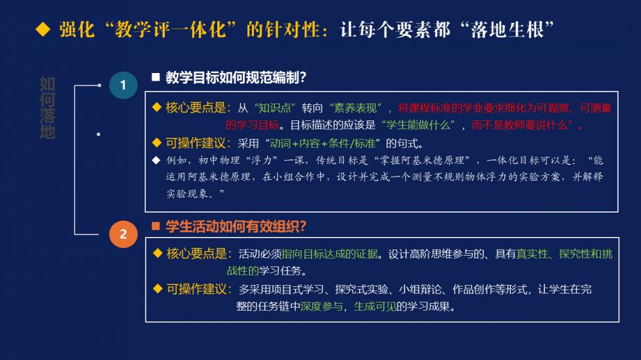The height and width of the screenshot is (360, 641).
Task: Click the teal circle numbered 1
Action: tap(123, 85)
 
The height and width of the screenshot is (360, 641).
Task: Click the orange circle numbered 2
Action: tap(123, 234)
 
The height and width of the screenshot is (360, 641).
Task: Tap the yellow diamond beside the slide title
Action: tap(43, 30)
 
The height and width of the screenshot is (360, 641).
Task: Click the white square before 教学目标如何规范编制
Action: tap(156, 78)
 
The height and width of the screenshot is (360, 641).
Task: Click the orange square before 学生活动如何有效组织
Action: tap(156, 226)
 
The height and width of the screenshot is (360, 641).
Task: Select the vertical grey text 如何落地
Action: tap(47, 108)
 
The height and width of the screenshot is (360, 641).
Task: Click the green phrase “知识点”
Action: tap(275, 108)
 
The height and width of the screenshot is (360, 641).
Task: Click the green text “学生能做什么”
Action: tap(418, 125)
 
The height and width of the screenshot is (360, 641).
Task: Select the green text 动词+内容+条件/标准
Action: tap(322, 143)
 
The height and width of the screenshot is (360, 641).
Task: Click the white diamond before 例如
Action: tap(156, 160)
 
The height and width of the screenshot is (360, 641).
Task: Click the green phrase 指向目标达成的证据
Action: tap(329, 254)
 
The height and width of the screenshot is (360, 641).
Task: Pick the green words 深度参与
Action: tap(322, 306)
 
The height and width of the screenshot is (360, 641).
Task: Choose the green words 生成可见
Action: tap(375, 306)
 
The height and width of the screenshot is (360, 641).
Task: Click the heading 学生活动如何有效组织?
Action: tap(236, 226)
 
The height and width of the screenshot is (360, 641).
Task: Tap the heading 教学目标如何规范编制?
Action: tap(236, 78)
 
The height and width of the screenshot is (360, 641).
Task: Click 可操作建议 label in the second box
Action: tap(197, 290)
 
